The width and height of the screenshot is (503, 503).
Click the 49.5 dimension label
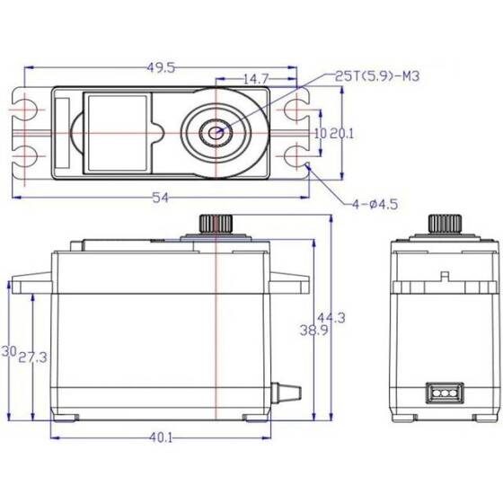coord(162,66)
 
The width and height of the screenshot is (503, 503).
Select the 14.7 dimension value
coord(256,79)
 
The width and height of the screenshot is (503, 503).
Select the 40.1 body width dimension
coord(162,437)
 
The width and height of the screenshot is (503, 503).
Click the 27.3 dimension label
coord(39,357)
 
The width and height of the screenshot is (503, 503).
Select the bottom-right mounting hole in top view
coord(296,156)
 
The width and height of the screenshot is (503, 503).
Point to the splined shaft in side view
coord(442,223)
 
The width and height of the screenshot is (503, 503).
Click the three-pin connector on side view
coord(442,393)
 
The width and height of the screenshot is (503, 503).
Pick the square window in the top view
coord(114,132)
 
